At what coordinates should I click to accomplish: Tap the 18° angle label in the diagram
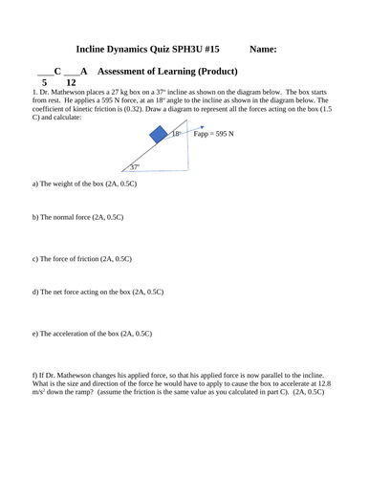pos(177,135)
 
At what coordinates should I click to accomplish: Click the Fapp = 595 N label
pos(214,136)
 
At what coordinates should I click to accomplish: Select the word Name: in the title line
pos(269,50)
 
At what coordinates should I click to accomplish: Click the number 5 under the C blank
pos(44,83)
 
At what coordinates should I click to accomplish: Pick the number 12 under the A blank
pos(71,83)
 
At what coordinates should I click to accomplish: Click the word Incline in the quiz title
pos(93,50)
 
